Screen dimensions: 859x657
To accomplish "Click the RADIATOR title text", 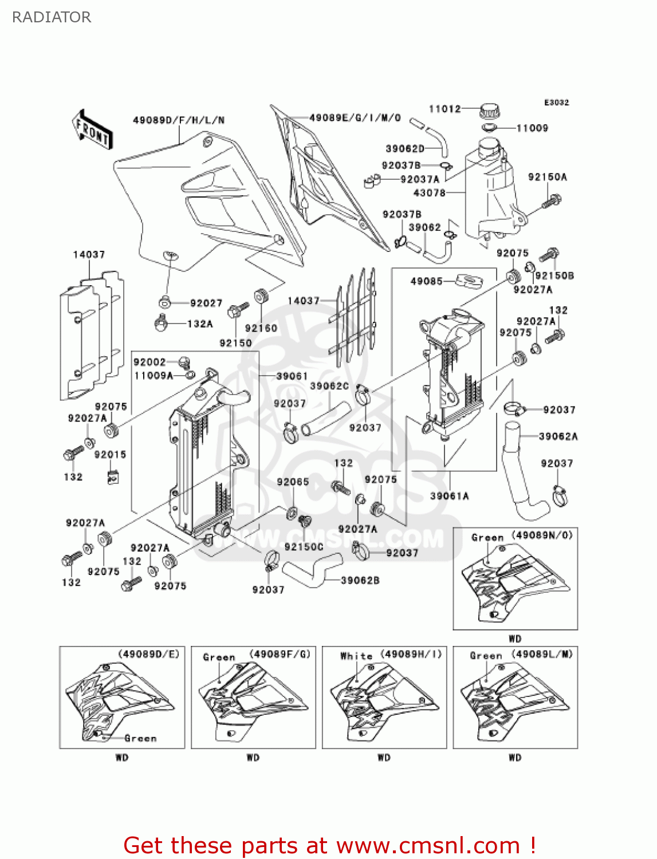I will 52,17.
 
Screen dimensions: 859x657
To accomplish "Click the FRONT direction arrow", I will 92,130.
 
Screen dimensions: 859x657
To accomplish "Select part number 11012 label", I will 444,109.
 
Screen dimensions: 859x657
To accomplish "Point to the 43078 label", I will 429,193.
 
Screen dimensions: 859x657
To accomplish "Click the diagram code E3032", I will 556,103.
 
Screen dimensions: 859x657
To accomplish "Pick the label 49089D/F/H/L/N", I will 179,120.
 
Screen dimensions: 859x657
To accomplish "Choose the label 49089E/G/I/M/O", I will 355,118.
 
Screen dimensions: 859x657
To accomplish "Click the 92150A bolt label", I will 547,177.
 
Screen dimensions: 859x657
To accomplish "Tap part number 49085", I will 426,281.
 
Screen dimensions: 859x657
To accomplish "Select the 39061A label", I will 450,496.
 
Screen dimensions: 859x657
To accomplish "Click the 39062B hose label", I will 360,580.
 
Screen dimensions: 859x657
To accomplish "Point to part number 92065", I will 293,482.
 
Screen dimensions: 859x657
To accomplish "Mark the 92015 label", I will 110,455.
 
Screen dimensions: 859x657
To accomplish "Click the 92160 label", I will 261,328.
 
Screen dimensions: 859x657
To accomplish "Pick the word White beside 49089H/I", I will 356,656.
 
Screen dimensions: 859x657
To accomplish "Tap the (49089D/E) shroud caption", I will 149,654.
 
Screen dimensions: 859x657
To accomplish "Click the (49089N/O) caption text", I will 542,535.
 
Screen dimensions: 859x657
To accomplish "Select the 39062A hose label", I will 558,436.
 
